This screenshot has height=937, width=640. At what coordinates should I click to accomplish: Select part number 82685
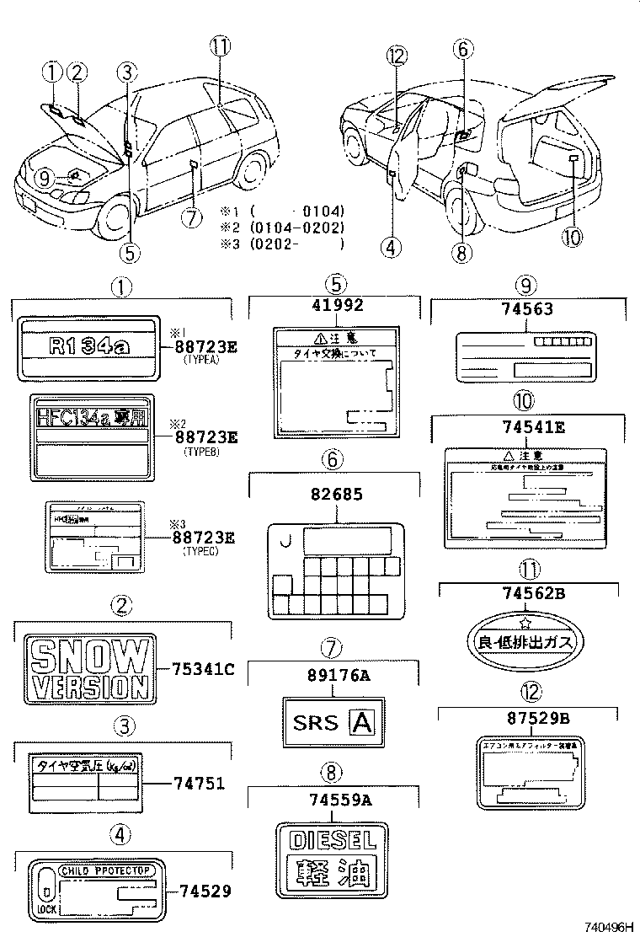[x=334, y=494]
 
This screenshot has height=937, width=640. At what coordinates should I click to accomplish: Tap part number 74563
[x=529, y=309]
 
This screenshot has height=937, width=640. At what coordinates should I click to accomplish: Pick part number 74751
[x=199, y=783]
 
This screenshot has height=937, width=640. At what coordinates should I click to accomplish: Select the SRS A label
[x=333, y=722]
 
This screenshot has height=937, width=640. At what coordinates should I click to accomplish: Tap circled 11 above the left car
[x=221, y=47]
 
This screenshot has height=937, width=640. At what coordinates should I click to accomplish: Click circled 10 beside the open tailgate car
[x=571, y=238]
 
